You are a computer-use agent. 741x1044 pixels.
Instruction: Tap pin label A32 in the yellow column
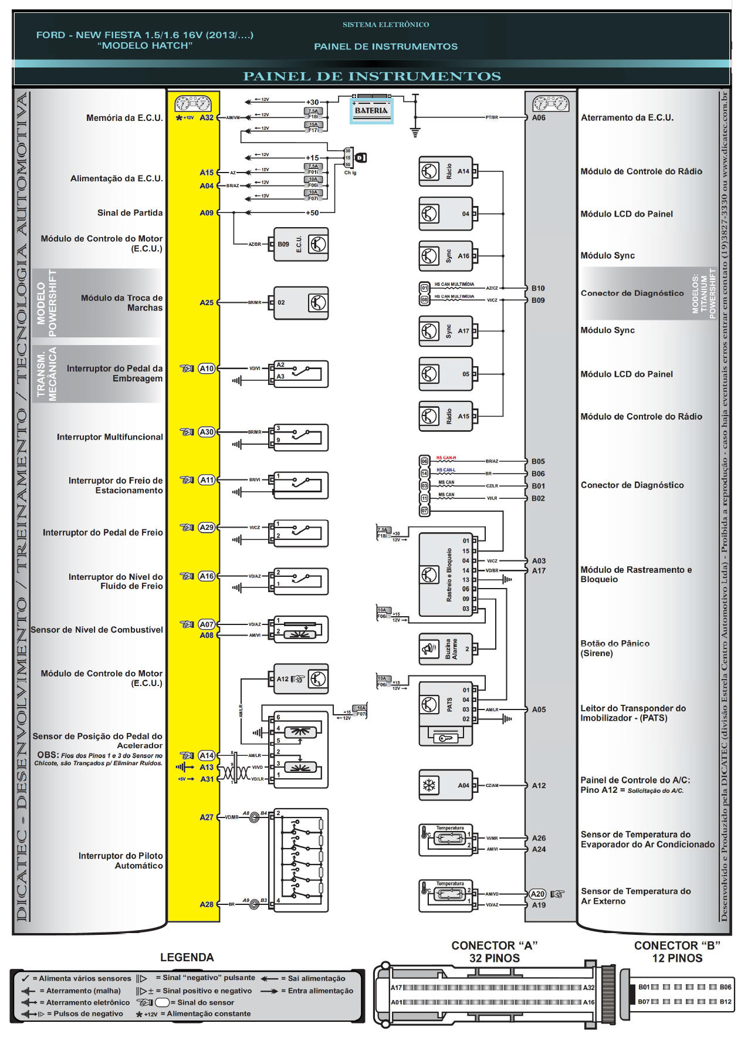pos(207,118)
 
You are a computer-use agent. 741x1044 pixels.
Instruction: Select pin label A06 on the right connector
pos(539,118)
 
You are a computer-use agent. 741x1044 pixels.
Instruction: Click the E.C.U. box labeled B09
pos(301,244)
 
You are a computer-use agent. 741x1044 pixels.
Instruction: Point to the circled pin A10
pos(207,369)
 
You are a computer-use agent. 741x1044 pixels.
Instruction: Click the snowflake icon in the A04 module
pos(429,785)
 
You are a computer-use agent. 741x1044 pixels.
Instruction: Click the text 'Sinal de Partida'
pos(130,213)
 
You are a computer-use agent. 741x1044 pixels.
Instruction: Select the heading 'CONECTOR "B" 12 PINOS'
pos(677,952)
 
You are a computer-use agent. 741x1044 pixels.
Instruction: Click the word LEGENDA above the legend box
pos(187,957)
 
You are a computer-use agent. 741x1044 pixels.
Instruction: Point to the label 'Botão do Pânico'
pos(615,644)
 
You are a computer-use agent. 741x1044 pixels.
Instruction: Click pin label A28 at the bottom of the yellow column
pos(207,904)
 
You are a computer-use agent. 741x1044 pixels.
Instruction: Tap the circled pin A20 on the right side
pos(537,894)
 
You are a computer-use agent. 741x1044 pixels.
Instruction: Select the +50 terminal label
pos(312,213)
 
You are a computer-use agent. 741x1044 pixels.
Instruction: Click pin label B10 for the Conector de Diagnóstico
pos(538,288)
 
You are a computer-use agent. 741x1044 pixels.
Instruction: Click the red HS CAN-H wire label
pos(446,458)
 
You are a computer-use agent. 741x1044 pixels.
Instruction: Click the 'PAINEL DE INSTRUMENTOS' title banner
pos(371,76)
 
